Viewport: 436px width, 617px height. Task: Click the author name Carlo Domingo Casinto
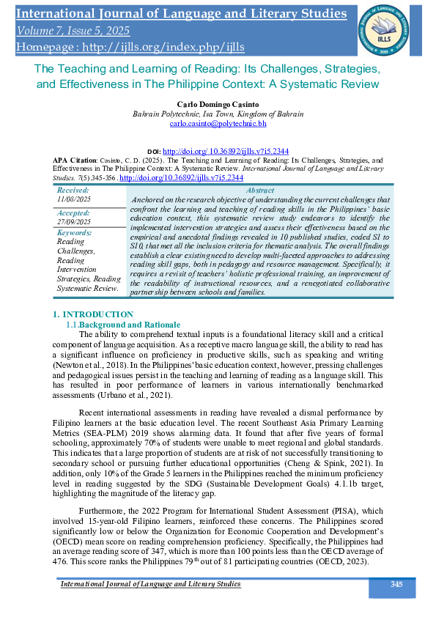coord(218,105)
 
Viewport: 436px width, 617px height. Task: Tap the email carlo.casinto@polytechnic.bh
coord(218,125)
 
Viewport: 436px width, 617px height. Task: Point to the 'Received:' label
coord(73,189)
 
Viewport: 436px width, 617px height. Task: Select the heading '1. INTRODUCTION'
coord(93,335)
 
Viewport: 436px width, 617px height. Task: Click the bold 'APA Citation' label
coord(76,158)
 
